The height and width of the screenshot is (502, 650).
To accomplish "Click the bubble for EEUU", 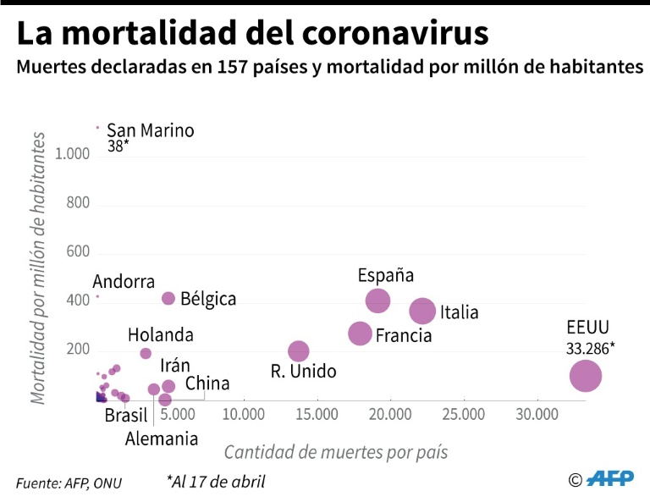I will (585, 375).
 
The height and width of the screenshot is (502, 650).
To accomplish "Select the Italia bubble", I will (422, 312).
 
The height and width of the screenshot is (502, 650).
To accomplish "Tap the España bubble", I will (377, 301).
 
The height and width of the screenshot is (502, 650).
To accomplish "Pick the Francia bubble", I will (361, 334).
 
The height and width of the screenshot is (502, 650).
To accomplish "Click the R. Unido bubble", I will (299, 350).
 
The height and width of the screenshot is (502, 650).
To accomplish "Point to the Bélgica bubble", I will (168, 298).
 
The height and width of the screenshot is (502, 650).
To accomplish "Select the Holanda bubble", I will (146, 354).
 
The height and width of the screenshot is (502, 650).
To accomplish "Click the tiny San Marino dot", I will (98, 128).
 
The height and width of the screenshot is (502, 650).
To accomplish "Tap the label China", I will (207, 383).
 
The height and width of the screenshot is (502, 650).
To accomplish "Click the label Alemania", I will (162, 439).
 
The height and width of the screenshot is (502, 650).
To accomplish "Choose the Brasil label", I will (126, 416).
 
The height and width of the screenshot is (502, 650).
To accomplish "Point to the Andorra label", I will (124, 282).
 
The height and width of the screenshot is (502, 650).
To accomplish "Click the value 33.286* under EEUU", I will (591, 348).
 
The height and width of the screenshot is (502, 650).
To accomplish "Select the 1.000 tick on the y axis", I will (72, 154).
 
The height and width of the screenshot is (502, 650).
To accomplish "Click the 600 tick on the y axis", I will (78, 252).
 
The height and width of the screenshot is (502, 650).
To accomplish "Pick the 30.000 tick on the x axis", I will (536, 416).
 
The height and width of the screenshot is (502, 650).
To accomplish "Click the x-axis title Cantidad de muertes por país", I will (336, 452).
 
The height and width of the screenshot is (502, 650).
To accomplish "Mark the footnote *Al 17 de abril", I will (216, 482).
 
